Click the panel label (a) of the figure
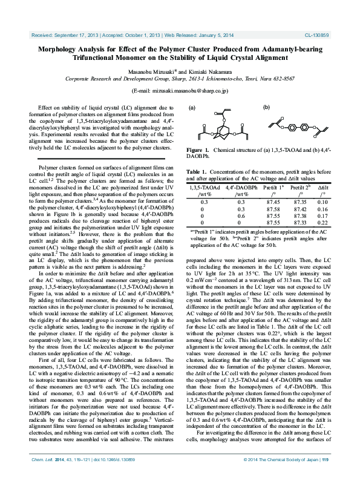point(192,108)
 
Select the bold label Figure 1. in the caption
point(198,149)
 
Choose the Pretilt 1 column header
point(275,188)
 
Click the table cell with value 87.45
point(273,202)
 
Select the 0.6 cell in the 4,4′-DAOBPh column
point(241,215)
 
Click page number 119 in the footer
point(325,477)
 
